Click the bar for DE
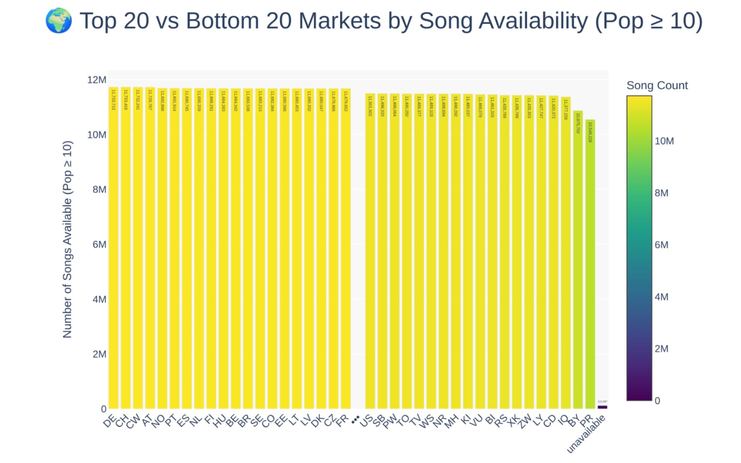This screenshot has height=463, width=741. [113, 247]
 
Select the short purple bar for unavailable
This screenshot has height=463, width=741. [602, 407]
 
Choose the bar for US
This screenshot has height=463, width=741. [370, 251]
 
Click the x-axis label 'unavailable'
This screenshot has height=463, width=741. [586, 434]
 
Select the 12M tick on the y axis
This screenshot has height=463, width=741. [96, 80]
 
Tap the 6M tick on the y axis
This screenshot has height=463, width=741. [99, 244]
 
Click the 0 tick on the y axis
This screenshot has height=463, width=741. [103, 409]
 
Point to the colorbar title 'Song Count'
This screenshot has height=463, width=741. [657, 85]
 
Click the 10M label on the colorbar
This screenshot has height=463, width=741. [664, 141]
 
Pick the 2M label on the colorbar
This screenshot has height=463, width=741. [661, 349]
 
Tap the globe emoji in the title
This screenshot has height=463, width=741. [59, 21]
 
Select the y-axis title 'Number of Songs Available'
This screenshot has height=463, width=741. [67, 239]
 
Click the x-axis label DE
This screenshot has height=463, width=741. [109, 421]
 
